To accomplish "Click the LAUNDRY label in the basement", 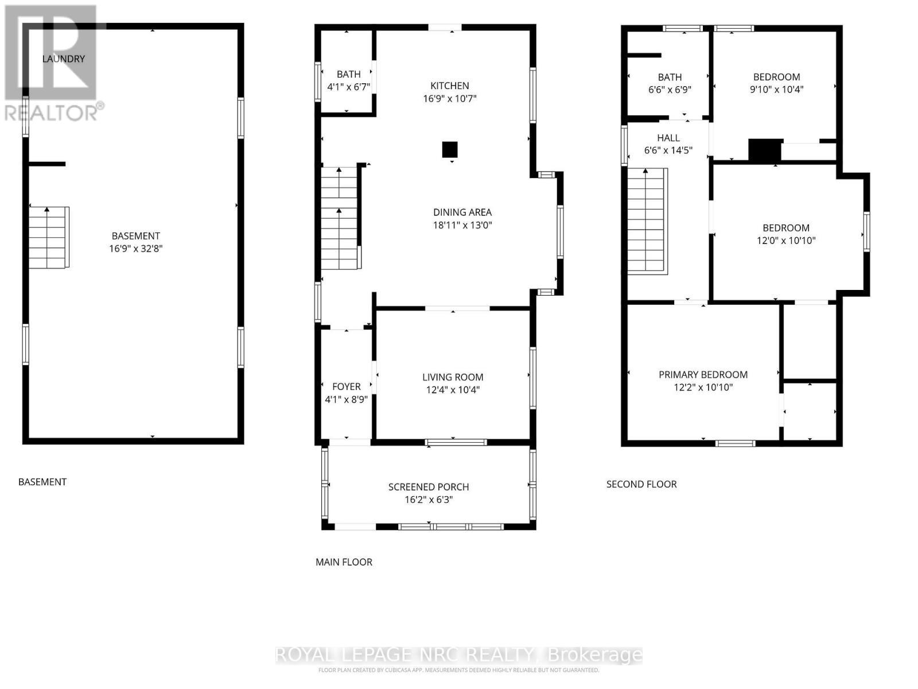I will pos(63,59).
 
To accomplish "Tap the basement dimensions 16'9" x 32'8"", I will pos(136,249).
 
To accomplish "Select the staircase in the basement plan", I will pos(49,238).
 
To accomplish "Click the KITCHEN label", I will pos(450,86).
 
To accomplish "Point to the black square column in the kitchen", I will pos(450,150).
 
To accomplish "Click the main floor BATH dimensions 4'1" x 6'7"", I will pos(348,87).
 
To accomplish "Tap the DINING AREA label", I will pos(462,212).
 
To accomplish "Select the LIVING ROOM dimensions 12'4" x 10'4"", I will pos(453,390).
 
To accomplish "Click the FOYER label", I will pos(346,386).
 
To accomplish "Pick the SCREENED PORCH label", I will pos(429,487).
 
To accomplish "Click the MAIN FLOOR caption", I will pos(344,562).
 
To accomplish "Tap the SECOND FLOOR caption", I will pos(641,484).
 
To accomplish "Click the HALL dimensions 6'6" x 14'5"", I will pos(668,150).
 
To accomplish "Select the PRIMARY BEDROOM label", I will pos(703,374).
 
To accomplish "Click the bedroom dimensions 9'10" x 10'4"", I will pos(776,90).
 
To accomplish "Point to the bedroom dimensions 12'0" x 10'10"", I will pos(786,241).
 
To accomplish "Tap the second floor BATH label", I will pos(670,77).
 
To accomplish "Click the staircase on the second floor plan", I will pos(647,221).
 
